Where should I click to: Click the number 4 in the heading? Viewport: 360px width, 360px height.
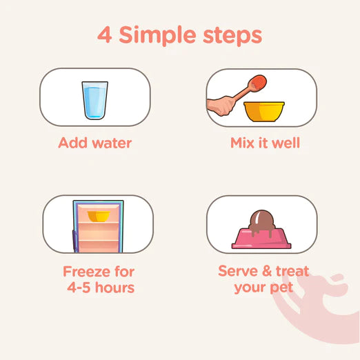(x=105, y=34)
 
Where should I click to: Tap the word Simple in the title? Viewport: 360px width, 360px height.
(x=158, y=36)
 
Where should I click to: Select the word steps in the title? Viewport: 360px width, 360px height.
(x=232, y=37)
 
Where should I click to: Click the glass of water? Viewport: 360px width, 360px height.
(x=94, y=100)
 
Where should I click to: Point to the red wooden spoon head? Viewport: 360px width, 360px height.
(x=259, y=83)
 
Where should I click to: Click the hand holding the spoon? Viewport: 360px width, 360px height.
(x=220, y=106)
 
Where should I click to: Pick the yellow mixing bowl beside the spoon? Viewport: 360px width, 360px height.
(x=264, y=112)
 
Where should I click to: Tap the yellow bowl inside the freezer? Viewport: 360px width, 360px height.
(x=99, y=217)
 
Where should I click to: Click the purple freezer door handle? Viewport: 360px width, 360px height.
(x=74, y=240)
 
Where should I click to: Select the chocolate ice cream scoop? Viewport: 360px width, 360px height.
(x=262, y=221)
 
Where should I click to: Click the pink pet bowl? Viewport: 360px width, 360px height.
(x=261, y=239)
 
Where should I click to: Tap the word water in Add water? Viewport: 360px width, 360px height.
(x=112, y=143)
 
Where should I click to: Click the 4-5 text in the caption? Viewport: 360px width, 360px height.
(x=79, y=288)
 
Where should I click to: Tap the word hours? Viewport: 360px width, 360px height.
(x=115, y=288)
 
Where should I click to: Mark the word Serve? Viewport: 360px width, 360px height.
(x=238, y=271)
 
